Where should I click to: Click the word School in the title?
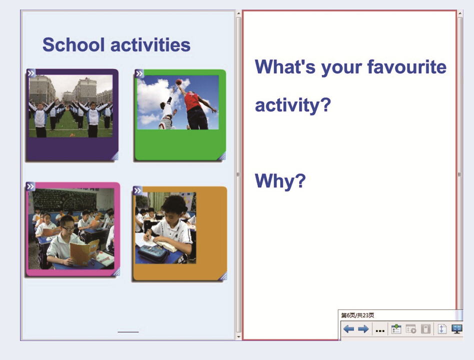click(74, 45)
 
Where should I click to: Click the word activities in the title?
click(151, 45)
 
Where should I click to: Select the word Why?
click(280, 181)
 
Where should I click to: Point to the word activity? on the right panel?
click(293, 105)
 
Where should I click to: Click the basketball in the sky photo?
click(178, 81)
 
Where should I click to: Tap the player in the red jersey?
click(197, 107)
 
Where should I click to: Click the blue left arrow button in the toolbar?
click(348, 328)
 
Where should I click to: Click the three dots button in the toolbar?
click(380, 331)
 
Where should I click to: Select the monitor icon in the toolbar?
click(456, 328)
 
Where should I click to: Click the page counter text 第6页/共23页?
click(357, 315)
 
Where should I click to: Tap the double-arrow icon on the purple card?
click(31, 73)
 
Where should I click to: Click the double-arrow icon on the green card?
click(139, 73)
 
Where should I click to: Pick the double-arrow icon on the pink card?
click(31, 186)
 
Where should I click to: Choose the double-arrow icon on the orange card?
click(138, 190)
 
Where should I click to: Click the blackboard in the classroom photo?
click(65, 200)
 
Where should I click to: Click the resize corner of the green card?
click(222, 156)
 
